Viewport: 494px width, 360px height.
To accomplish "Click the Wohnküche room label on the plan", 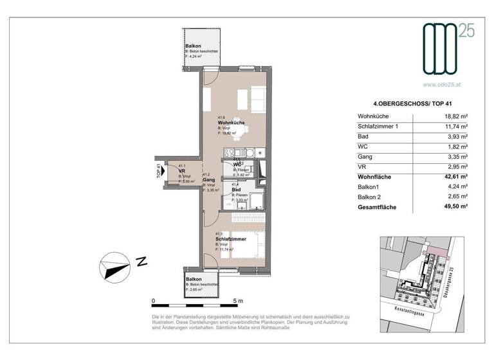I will (x=230, y=122).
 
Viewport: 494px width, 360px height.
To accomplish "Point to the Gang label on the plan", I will (x=210, y=180).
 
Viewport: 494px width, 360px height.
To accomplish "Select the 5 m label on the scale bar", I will (x=239, y=301).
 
